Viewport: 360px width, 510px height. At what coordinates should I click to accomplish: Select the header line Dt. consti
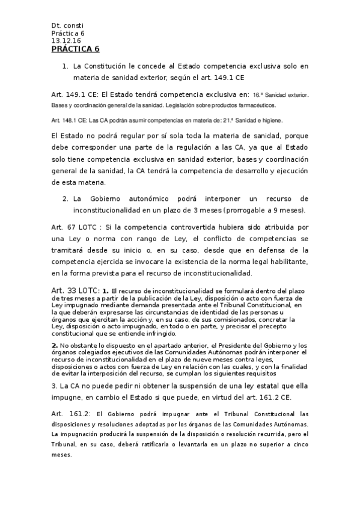pos(67,25)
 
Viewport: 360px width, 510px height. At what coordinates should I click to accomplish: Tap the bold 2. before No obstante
pos(55,345)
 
